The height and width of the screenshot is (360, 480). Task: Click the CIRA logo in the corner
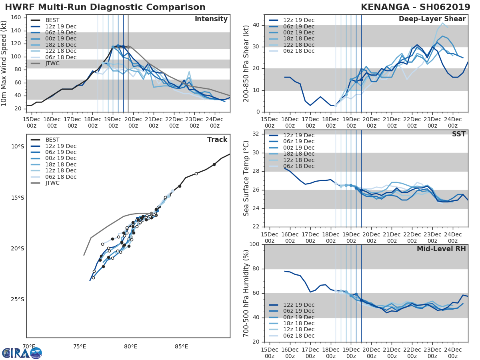tap(22, 353)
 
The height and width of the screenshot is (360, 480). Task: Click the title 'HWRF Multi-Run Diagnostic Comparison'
tap(105, 7)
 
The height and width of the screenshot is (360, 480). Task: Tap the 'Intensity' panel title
tap(211, 19)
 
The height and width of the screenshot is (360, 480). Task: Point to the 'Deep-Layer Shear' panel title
tap(432, 19)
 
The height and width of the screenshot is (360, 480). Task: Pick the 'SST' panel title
tap(459, 134)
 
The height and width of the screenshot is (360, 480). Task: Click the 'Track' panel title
tap(217, 140)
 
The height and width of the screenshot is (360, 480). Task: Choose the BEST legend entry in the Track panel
tap(52, 140)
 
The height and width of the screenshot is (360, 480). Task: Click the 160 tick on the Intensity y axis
tap(21, 18)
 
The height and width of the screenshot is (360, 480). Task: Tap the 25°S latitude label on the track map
tap(17, 300)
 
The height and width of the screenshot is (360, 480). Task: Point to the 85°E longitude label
tap(182, 346)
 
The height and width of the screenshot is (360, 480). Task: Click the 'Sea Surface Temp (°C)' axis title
tap(246, 178)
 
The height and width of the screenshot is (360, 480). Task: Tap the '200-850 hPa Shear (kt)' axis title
tap(246, 63)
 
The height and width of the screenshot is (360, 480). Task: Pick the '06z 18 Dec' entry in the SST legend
tap(298, 166)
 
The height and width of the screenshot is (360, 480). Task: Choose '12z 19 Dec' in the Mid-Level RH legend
tap(298, 305)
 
